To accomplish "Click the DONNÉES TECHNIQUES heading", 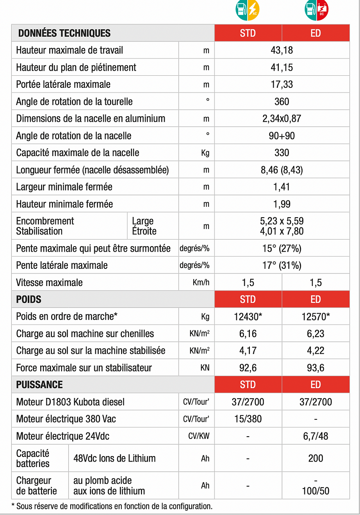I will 64,33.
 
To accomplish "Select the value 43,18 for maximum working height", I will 282,50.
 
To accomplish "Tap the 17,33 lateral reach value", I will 282,84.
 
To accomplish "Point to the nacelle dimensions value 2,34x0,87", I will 282,119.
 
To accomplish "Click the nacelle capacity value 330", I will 282,153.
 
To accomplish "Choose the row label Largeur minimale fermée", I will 64,187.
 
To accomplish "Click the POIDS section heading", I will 29,299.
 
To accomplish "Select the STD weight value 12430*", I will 248,316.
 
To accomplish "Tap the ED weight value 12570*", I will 315,316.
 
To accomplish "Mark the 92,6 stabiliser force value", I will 248,368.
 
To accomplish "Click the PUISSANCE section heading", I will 39,385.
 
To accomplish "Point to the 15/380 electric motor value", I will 248,419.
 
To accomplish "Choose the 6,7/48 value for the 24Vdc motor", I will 315,436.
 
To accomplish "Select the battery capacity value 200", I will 315,458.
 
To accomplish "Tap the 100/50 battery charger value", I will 315,491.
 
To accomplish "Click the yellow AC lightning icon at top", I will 253,9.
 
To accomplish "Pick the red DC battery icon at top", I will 322,9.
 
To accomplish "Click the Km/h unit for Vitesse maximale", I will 201,282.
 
